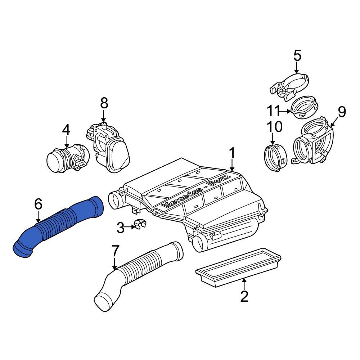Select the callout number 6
coord(38,204)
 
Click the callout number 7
coord(115,250)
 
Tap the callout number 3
coord(121,227)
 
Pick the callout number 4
coord(66,130)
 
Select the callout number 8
coord(104,104)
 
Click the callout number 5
coord(297,56)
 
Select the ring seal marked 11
coord(304,106)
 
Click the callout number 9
coord(341,112)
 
